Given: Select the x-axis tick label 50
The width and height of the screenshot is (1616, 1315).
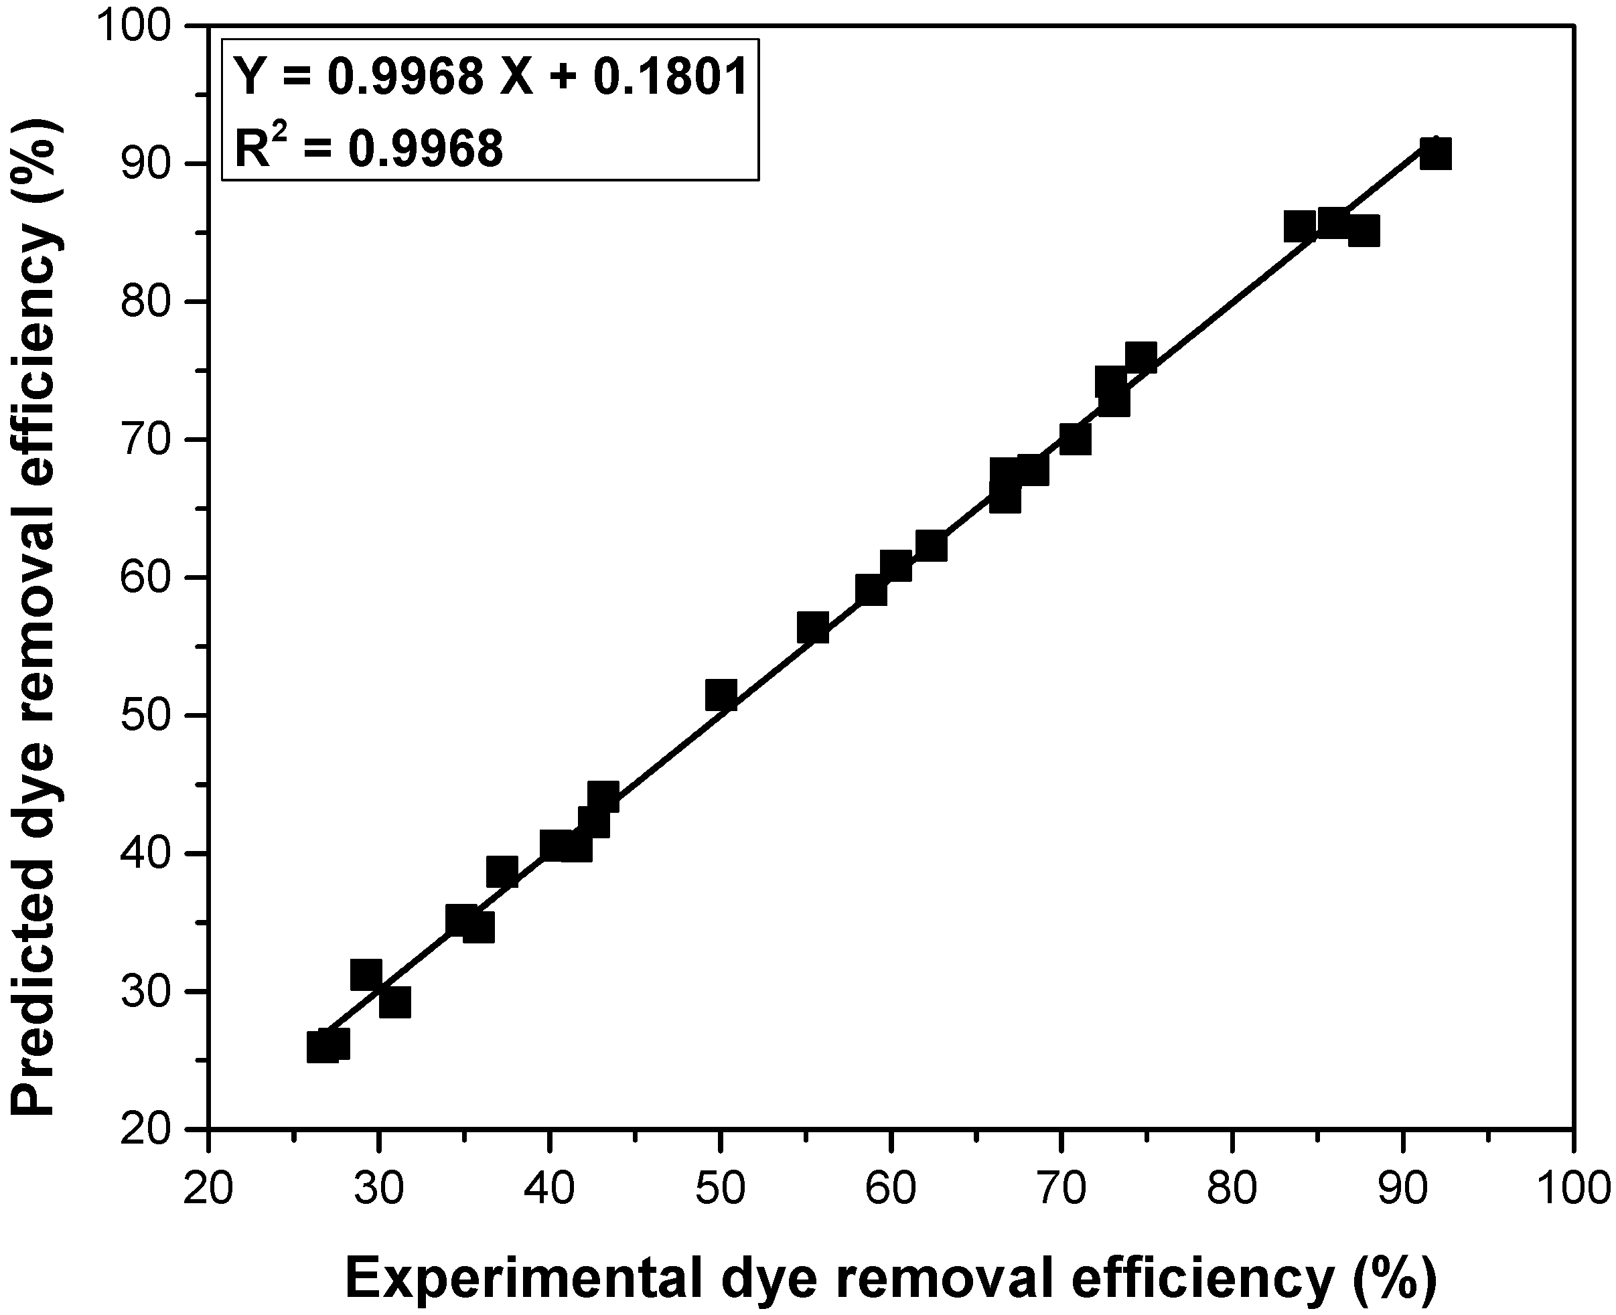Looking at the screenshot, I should (x=720, y=1188).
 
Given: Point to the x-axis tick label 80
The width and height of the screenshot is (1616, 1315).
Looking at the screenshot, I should (x=1233, y=1188).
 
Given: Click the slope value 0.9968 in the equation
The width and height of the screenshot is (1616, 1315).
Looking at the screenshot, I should (x=405, y=77).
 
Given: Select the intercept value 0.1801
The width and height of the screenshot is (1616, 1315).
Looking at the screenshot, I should (x=670, y=77).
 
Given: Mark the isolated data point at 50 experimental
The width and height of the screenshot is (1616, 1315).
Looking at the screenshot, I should (x=721, y=694).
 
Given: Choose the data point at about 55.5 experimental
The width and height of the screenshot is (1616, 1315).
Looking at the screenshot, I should (x=813, y=628).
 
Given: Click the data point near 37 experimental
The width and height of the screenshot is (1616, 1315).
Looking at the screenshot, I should (x=502, y=872).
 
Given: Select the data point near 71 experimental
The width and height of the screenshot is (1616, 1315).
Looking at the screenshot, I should (x=1075, y=439).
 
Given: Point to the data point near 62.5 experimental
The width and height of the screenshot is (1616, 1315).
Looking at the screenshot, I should (x=931, y=546).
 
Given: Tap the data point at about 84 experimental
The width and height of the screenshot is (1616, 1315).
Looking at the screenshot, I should (x=1299, y=226).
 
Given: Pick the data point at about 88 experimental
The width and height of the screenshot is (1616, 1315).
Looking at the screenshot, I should (x=1364, y=231).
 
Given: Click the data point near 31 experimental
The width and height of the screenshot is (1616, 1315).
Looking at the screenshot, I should (x=394, y=1002).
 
